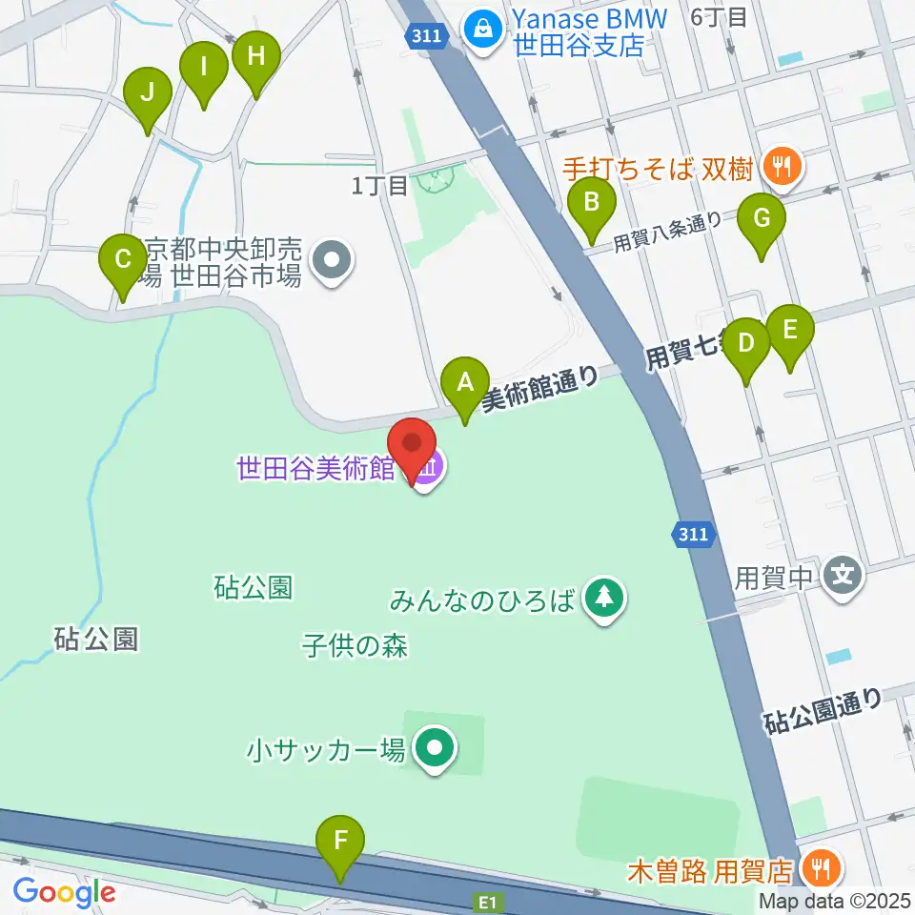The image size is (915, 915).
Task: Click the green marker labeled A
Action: coord(465,383)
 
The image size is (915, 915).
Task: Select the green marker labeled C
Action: coord(122,260)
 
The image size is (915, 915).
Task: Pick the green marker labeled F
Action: coord(341,842)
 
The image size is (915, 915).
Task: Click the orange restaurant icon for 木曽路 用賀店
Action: coord(817,868)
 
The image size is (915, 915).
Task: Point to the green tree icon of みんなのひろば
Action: coord(603,600)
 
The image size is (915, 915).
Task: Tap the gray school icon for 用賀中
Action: coord(844,576)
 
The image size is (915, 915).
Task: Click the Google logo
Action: coord(64,892)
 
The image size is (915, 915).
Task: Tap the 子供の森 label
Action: coord(355,646)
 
